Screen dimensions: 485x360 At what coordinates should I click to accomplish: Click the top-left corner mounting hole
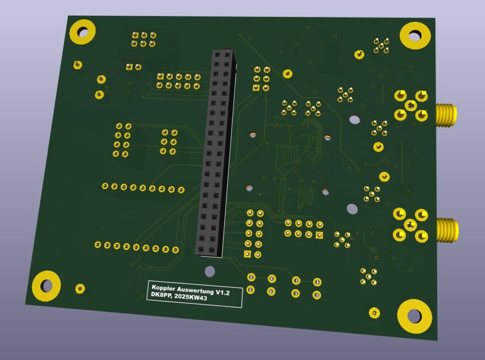pyautogui.click(x=82, y=32)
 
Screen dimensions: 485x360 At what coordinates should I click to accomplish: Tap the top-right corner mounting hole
pyautogui.click(x=415, y=36)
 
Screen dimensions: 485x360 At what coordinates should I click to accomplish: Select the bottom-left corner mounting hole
pyautogui.click(x=46, y=286)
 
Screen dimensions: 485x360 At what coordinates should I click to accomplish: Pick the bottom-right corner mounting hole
pyautogui.click(x=414, y=316)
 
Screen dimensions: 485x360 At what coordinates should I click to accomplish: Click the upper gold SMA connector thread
pyautogui.click(x=446, y=115)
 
